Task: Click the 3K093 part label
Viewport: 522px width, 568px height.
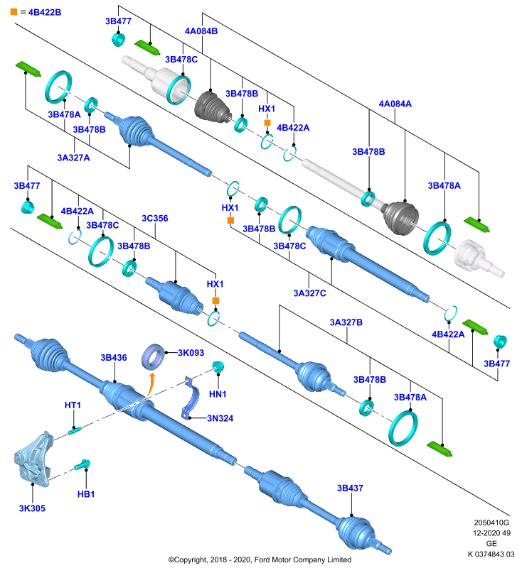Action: pyautogui.click(x=191, y=352)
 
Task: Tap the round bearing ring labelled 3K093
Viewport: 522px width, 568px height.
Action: pyautogui.click(x=153, y=357)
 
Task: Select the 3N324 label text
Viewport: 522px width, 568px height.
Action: pyautogui.click(x=220, y=418)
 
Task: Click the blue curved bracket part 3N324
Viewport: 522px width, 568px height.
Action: pyautogui.click(x=191, y=398)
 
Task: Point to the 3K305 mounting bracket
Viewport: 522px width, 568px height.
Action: pyautogui.click(x=33, y=459)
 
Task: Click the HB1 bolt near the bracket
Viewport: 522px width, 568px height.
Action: pyautogui.click(x=82, y=464)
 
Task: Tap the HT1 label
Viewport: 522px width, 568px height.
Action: pyautogui.click(x=73, y=405)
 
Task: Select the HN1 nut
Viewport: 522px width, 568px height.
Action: pyautogui.click(x=218, y=366)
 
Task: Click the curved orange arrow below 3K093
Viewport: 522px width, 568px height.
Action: pyautogui.click(x=151, y=385)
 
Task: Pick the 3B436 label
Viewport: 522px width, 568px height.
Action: pyautogui.click(x=114, y=358)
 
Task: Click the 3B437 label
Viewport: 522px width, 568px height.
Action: pyautogui.click(x=350, y=488)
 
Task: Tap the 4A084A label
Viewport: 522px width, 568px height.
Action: pyautogui.click(x=395, y=104)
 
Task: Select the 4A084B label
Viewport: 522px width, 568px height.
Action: pyautogui.click(x=201, y=31)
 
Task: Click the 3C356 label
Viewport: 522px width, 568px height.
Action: pyautogui.click(x=155, y=218)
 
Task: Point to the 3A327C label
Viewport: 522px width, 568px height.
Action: pyautogui.click(x=309, y=293)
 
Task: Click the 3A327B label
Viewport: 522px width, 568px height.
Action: pyautogui.click(x=346, y=322)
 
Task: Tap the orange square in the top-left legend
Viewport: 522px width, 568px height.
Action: pyautogui.click(x=14, y=11)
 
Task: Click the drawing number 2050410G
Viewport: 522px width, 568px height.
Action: pyautogui.click(x=491, y=523)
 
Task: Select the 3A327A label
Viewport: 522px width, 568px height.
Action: pyautogui.click(x=74, y=158)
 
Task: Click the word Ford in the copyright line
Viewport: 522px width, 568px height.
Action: pyautogui.click(x=261, y=559)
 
